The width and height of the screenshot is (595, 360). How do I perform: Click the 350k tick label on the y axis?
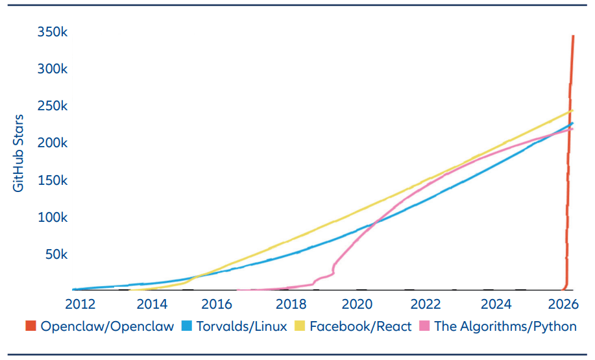49,32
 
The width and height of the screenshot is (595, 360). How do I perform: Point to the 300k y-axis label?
49,69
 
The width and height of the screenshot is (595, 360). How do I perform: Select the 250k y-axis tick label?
49,106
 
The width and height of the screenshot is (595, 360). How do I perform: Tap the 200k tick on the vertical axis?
49,143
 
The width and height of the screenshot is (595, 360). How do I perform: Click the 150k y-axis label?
49,180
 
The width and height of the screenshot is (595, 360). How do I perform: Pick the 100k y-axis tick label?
49,217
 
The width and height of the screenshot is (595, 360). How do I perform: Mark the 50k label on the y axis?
52,254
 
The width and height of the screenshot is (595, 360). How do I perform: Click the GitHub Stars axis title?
19,152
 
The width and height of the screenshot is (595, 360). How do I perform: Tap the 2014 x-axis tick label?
151,304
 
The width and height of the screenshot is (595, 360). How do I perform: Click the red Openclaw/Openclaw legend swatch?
30,326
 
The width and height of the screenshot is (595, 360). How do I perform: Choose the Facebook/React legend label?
361,326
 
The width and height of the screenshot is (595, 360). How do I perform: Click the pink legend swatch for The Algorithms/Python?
424,326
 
